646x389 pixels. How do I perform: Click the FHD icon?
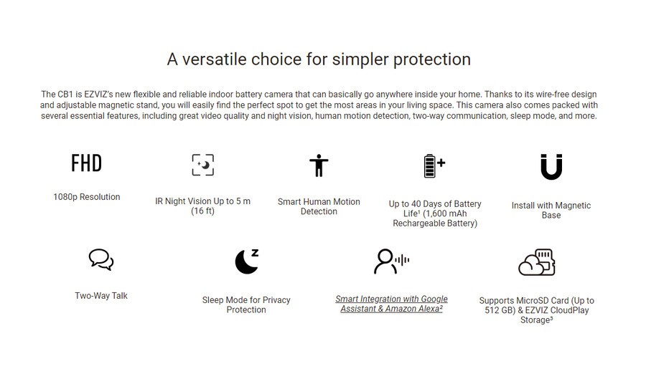click(87, 163)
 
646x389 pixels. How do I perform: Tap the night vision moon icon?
click(202, 165)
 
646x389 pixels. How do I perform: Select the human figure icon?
click(319, 165)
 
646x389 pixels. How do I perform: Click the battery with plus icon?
click(435, 165)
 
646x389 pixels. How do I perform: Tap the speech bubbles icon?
click(101, 259)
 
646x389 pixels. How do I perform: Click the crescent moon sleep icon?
click(246, 261)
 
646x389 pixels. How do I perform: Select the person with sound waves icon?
click(391, 261)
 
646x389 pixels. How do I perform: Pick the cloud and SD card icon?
click(536, 262)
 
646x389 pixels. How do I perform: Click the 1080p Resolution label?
click(87, 197)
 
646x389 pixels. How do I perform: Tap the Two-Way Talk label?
click(101, 296)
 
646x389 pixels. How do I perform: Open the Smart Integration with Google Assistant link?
click(391, 304)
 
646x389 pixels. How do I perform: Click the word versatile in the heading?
click(214, 59)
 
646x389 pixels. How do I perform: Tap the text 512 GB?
click(500, 310)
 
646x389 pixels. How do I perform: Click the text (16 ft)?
click(202, 211)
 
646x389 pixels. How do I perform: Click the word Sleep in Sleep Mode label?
click(212, 301)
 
